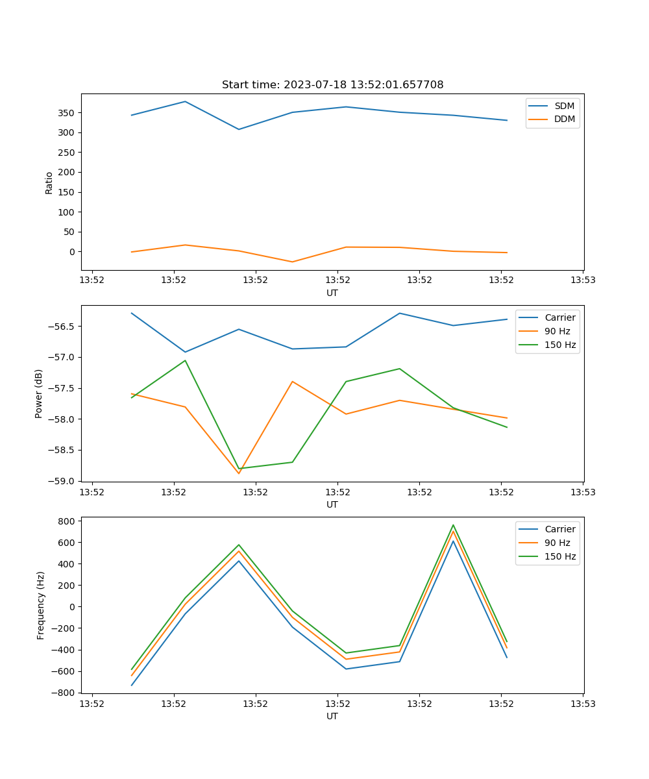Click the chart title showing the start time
point(332,85)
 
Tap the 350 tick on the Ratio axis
point(67,113)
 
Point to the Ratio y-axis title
point(49,182)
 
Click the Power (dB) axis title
point(39,393)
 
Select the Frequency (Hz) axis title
point(41,605)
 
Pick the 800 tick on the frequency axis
point(67,521)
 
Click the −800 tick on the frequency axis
point(65,693)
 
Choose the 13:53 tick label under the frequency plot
point(582,703)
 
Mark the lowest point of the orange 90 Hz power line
point(239,473)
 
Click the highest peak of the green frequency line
point(453,525)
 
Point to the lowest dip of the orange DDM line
point(292,262)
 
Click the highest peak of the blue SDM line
point(185,101)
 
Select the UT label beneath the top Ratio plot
point(332,293)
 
